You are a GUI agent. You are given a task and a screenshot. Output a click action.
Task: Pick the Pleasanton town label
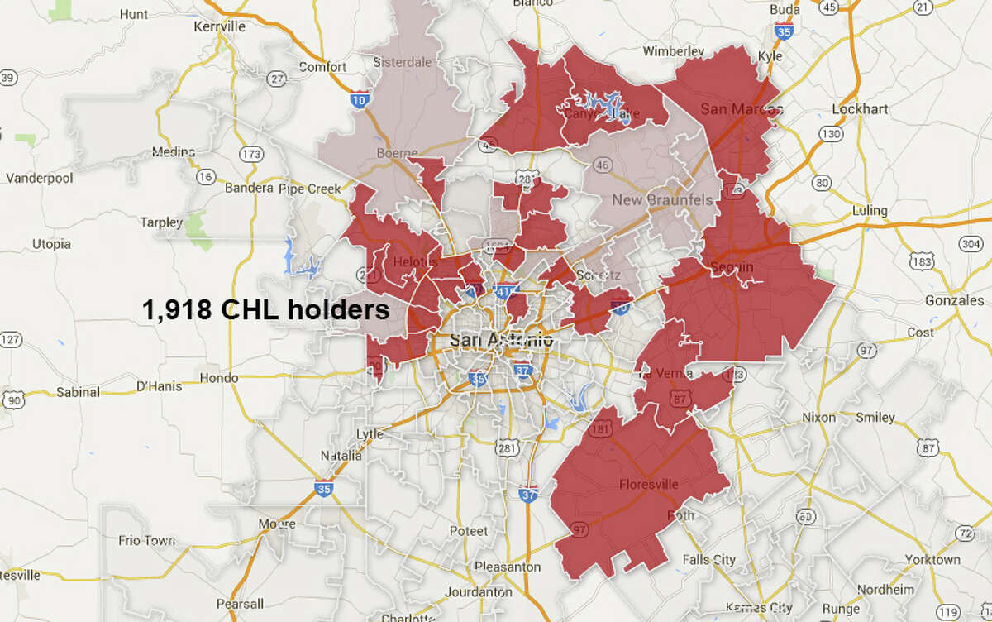pyautogui.click(x=507, y=567)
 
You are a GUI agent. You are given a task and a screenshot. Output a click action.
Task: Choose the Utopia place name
pyautogui.click(x=51, y=244)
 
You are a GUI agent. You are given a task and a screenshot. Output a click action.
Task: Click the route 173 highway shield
pyautogui.click(x=252, y=155)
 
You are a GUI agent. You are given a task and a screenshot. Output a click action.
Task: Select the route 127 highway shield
pyautogui.click(x=11, y=340)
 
